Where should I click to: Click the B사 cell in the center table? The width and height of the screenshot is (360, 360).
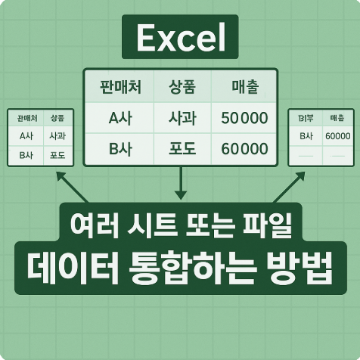pos(120,147)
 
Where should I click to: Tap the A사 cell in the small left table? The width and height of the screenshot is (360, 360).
pos(25,136)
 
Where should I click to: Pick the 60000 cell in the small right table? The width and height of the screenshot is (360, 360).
pos(337,136)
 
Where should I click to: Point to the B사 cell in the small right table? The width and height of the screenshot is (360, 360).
pos(306,136)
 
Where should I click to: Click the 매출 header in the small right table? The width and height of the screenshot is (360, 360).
pos(337,119)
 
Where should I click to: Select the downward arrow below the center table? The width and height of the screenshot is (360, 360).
pos(180,184)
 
